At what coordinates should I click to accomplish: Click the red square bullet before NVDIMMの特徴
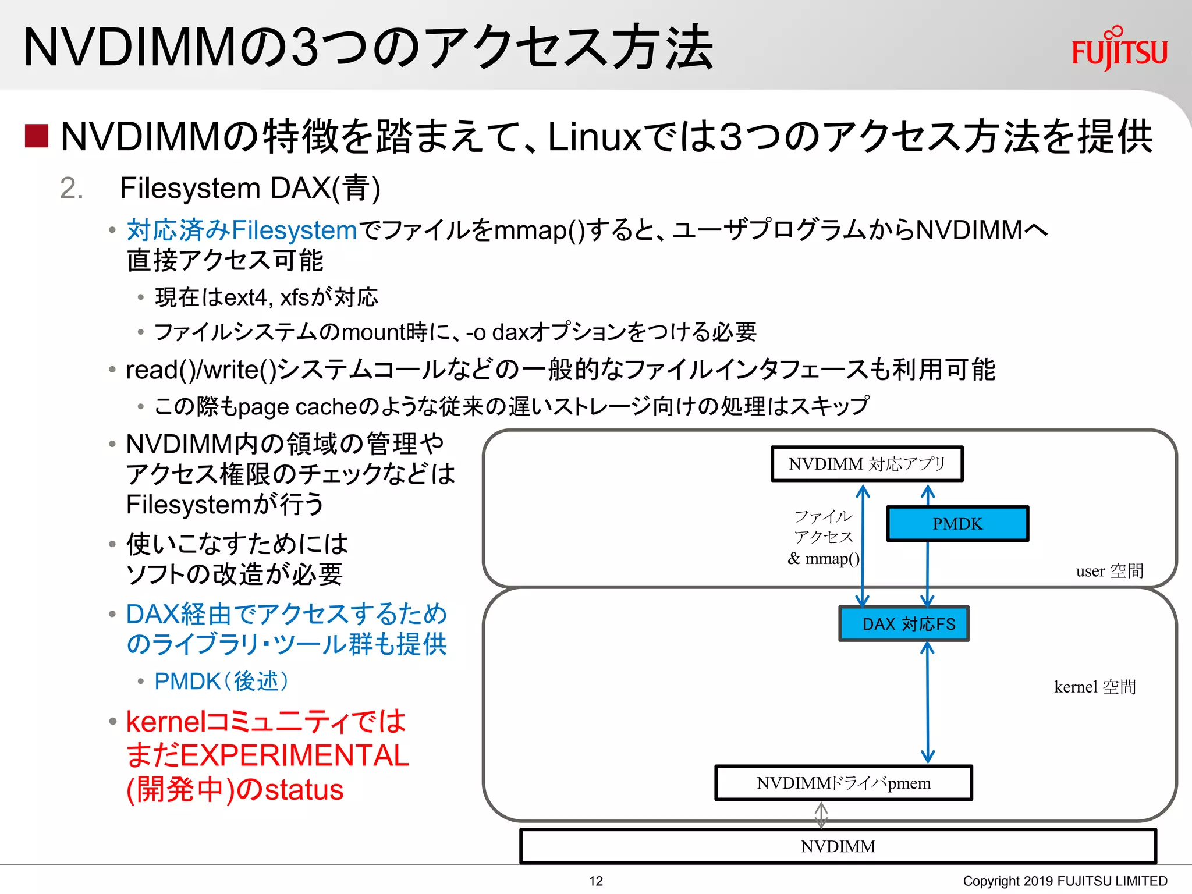point(37,136)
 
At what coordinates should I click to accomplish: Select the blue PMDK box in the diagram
point(957,524)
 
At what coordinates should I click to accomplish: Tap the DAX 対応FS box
point(903,624)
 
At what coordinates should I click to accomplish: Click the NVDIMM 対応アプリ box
point(867,464)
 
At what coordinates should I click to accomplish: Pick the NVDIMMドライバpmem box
point(843,783)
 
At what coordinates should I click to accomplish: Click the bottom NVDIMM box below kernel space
point(838,846)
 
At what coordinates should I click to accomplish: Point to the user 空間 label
point(1109,571)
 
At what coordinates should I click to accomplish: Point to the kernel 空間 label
point(1095,687)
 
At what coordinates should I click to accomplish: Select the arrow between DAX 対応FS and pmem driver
point(927,703)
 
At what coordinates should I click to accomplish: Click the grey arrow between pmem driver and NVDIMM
point(821,815)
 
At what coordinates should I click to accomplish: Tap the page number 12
point(595,881)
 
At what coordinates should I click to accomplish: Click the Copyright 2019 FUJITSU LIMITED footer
point(1065,881)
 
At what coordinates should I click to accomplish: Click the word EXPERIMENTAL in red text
point(295,755)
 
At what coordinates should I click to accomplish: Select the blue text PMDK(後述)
point(221,681)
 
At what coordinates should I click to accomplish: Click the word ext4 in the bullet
point(245,297)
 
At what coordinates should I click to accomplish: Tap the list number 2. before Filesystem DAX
point(72,189)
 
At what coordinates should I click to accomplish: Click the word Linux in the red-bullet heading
point(594,137)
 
